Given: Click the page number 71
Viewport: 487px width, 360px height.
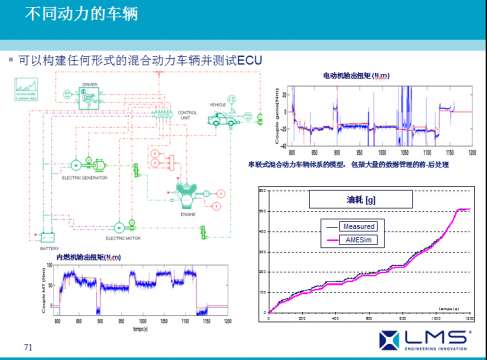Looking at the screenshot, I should tap(29, 347).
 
